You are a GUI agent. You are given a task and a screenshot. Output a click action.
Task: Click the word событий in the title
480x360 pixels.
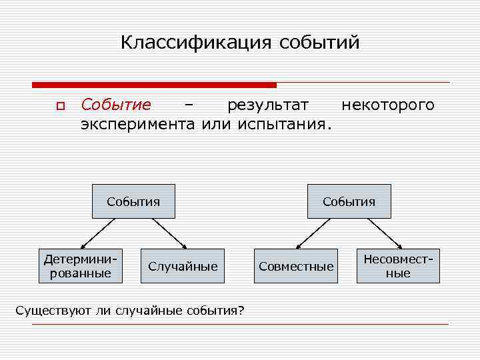[x=319, y=43]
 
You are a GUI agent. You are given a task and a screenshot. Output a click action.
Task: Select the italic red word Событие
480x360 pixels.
[x=115, y=105]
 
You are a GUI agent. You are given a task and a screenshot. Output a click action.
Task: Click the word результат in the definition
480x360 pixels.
[x=268, y=105]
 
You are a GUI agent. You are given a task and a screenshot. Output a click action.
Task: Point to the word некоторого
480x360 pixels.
[x=387, y=105]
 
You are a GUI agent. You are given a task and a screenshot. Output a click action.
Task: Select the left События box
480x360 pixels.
[x=133, y=201]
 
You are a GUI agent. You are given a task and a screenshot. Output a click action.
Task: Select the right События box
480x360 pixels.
[x=349, y=201]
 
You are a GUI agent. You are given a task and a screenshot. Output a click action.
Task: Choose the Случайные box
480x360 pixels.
[x=183, y=267]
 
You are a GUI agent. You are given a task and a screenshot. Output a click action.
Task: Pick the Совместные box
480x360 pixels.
[x=296, y=267]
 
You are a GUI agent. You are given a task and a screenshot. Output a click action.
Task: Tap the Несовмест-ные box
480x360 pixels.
[x=398, y=266]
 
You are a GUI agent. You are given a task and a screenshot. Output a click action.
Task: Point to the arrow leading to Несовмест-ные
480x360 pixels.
[x=384, y=234]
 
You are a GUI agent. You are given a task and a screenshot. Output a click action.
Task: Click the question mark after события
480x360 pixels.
[x=241, y=311]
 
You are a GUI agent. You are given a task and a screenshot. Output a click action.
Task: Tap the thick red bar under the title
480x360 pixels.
[x=154, y=85]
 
